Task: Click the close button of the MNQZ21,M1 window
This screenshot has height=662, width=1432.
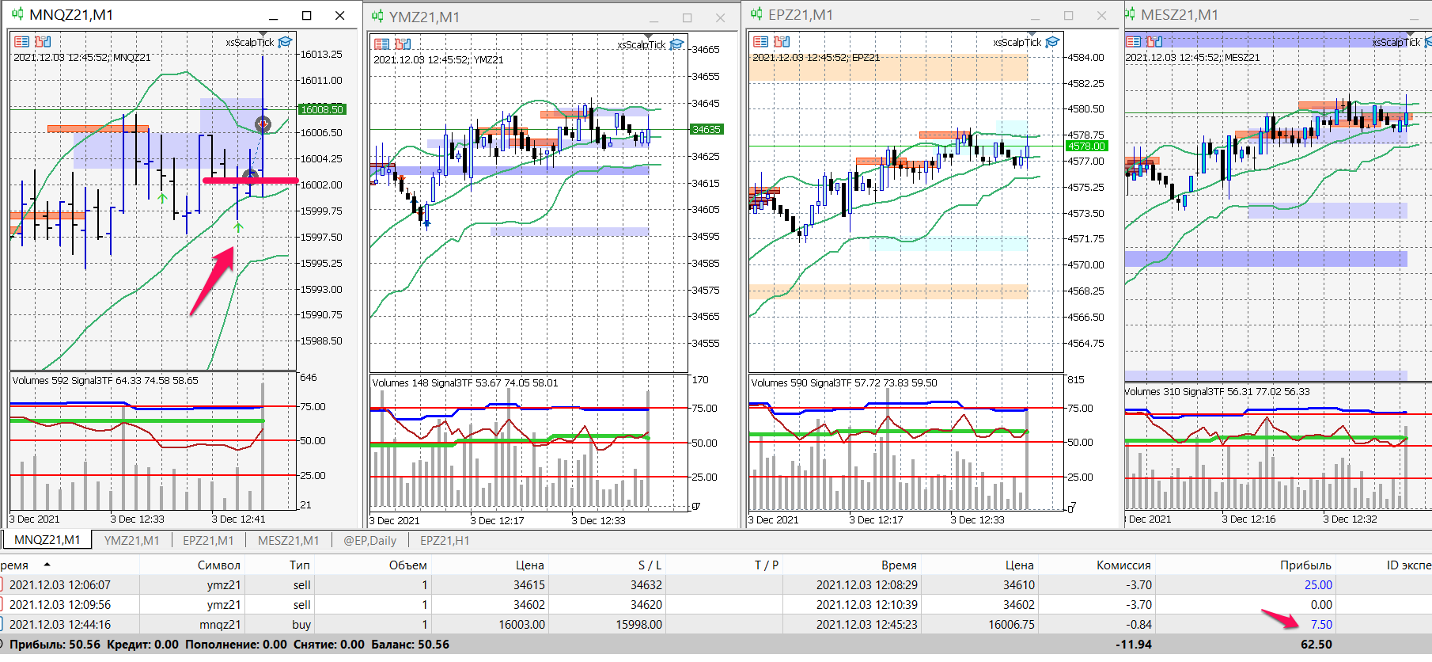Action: [339, 15]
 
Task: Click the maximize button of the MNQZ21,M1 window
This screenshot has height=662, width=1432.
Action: [307, 15]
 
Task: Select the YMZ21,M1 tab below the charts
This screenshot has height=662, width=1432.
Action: [131, 540]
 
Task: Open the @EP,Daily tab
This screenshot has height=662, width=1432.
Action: [369, 540]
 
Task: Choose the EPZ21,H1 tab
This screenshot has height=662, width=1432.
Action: [444, 540]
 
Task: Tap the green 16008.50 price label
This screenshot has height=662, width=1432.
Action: [322, 109]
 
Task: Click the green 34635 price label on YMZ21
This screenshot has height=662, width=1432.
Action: [707, 129]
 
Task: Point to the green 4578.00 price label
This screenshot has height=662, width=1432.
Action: [1086, 146]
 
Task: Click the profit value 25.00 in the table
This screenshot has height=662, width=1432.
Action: [1318, 584]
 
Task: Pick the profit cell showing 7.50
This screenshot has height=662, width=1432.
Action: [1321, 624]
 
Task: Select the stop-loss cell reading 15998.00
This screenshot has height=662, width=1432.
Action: [638, 624]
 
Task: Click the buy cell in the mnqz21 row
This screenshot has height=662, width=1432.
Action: [301, 624]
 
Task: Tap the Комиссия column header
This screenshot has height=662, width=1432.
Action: [1123, 565]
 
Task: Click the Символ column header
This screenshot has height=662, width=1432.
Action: [218, 565]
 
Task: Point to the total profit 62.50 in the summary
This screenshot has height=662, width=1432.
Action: [1316, 644]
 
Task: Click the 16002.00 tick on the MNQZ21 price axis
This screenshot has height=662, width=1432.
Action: [320, 185]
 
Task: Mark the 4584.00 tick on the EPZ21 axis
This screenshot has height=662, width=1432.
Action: [1085, 57]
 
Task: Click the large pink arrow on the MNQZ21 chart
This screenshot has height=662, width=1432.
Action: [213, 280]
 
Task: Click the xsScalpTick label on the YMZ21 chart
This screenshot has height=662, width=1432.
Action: [641, 44]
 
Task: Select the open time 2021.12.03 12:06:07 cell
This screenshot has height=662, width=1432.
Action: [60, 584]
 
